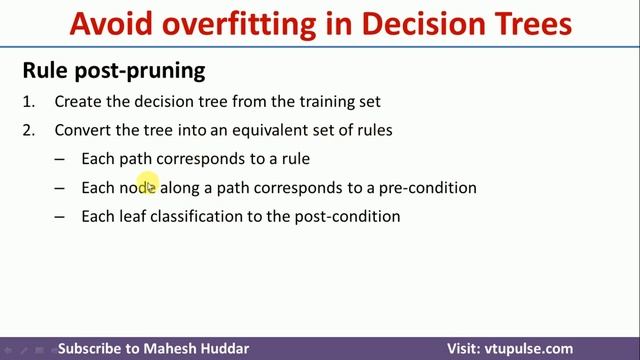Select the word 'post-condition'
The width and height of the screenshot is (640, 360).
[x=347, y=216]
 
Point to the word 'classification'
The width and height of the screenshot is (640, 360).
[x=194, y=216]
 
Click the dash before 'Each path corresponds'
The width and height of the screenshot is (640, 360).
[x=60, y=159]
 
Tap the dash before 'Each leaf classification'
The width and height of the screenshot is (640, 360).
[x=60, y=216]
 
